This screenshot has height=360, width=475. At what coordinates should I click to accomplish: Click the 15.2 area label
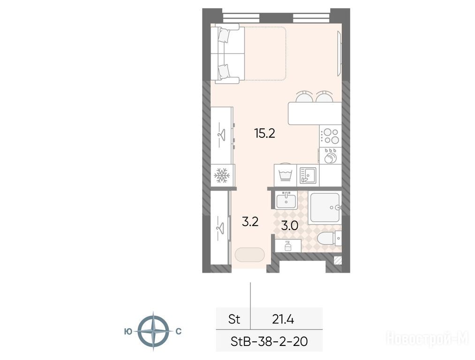pos(265,133)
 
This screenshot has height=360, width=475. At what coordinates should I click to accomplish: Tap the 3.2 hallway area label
pos(250,222)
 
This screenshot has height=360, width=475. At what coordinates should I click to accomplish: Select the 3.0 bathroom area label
pos(290,225)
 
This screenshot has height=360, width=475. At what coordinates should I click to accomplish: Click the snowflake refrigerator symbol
pos(222,175)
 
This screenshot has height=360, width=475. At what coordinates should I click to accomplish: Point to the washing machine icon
pos(285,175)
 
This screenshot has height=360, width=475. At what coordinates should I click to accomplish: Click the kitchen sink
pos(308,176)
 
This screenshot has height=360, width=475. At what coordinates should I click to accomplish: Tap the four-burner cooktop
pos(330,136)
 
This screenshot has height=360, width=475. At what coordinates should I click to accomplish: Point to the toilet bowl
pos(329,238)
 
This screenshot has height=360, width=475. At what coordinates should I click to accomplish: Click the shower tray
pos(325,207)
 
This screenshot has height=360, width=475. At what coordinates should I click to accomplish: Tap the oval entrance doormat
pos(249,255)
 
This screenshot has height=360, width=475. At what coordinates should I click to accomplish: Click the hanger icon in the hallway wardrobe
pos(220,228)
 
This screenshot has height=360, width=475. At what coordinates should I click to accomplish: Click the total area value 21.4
pos(283,319)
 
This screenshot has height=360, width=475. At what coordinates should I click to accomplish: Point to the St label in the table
pos(234,319)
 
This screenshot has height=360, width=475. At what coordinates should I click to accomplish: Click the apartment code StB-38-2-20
pos(269,342)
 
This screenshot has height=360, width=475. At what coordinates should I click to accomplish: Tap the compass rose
pos(154,331)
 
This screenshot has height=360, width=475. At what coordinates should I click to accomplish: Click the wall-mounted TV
pos(340,54)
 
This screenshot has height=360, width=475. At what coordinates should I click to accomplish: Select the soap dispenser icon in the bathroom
pos(288,246)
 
